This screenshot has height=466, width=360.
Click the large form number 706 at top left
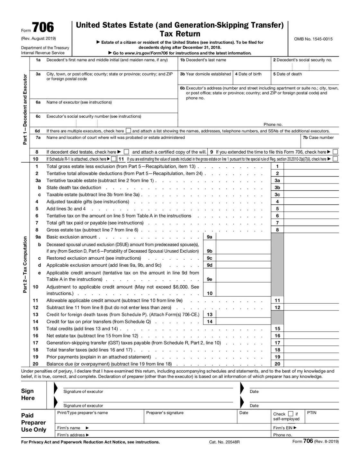(43, 28)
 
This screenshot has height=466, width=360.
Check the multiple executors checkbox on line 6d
(128, 131)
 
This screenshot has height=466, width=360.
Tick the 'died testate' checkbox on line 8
(126, 152)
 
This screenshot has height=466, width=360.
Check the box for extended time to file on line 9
(335, 152)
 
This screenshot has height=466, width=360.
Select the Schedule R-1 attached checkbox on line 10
(114, 159)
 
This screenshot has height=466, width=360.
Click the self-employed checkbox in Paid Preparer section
(291, 414)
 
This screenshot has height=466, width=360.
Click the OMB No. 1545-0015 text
(313, 39)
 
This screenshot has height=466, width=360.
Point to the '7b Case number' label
(318, 138)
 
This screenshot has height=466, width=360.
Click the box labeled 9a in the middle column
(210, 237)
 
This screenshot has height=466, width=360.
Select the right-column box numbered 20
(277, 364)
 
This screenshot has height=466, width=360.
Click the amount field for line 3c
(311, 194)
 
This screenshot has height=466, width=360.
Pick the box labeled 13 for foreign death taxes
(210, 315)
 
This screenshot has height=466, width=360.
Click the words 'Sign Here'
(28, 394)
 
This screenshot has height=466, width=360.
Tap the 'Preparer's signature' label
(165, 413)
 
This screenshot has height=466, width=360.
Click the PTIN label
(312, 413)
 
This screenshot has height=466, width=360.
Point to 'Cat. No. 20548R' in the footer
(224, 442)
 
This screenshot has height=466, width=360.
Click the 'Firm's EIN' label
(284, 428)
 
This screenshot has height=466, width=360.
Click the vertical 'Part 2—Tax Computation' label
(25, 264)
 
